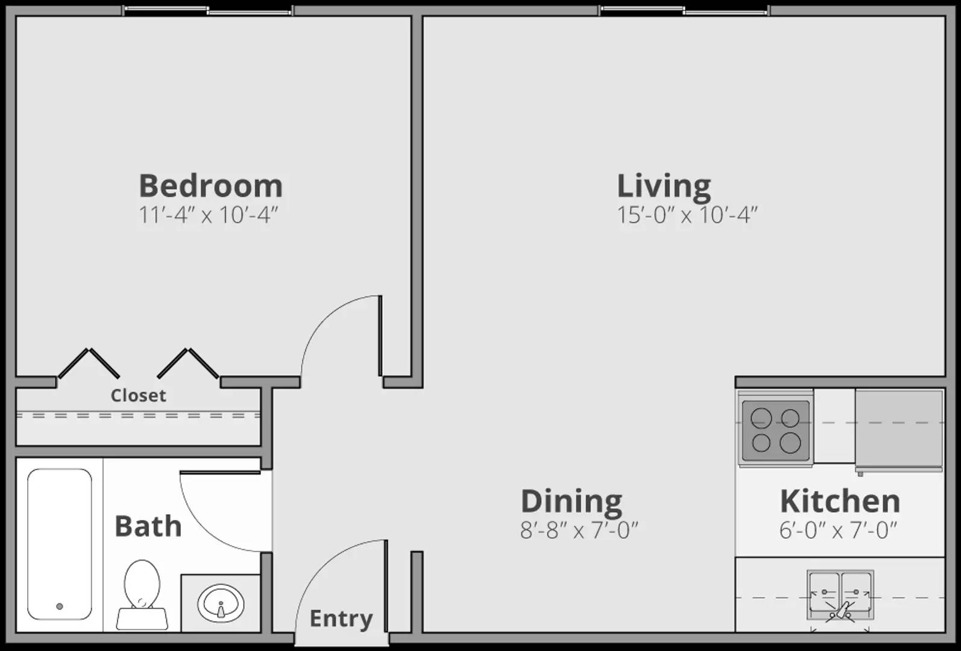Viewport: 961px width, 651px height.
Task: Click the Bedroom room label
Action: pyautogui.click(x=210, y=186)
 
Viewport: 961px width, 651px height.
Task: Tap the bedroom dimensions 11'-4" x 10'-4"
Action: pyautogui.click(x=208, y=215)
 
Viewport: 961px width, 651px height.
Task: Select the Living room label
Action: pyautogui.click(x=664, y=186)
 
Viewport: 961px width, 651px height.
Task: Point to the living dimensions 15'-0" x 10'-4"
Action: pyautogui.click(x=687, y=215)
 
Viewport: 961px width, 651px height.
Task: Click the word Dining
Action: pyautogui.click(x=572, y=502)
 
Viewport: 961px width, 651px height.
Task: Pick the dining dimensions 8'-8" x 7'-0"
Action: pyautogui.click(x=579, y=530)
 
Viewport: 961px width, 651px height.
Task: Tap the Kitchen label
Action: pyautogui.click(x=840, y=502)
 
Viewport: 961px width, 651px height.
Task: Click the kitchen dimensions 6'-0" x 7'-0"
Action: pyautogui.click(x=838, y=530)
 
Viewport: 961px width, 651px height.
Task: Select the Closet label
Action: pyautogui.click(x=138, y=395)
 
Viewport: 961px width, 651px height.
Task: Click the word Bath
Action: pyautogui.click(x=148, y=526)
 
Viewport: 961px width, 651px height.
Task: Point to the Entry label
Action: pyautogui.click(x=341, y=618)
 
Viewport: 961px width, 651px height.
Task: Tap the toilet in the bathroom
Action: pyautogui.click(x=142, y=594)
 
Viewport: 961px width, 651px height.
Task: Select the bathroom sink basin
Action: pyautogui.click(x=221, y=603)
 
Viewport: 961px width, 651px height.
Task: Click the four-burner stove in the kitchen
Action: pyautogui.click(x=775, y=430)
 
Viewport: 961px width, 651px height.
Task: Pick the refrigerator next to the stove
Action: pyautogui.click(x=898, y=429)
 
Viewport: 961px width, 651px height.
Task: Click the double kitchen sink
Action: pyautogui.click(x=840, y=595)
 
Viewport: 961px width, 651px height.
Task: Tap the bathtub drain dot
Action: pyautogui.click(x=59, y=606)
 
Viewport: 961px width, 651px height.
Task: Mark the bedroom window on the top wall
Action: pyautogui.click(x=208, y=10)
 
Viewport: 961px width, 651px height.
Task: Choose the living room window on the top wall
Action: pyautogui.click(x=685, y=10)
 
